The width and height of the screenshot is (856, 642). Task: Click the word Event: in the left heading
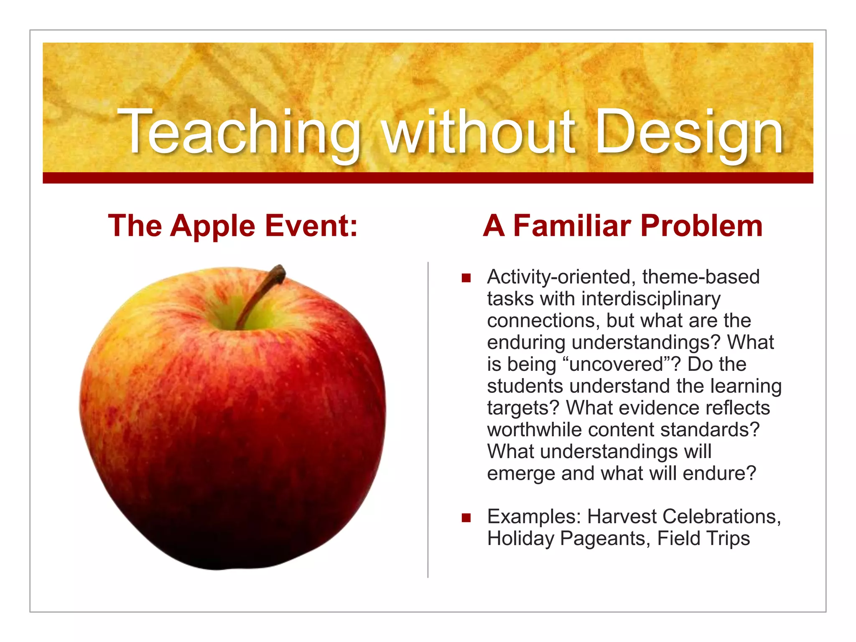[311, 226]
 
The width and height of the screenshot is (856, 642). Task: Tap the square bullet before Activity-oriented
[466, 278]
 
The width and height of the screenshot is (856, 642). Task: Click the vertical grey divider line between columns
[428, 418]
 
